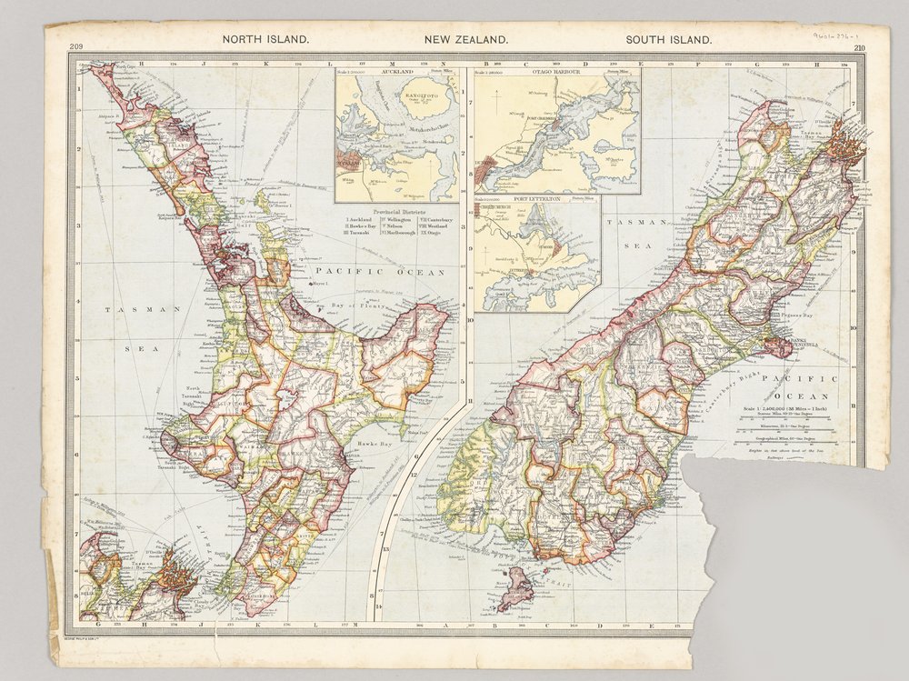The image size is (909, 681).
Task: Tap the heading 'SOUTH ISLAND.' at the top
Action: pos(668,40)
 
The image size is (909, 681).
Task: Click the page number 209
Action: pos(75,48)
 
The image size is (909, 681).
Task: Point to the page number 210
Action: pos(859,48)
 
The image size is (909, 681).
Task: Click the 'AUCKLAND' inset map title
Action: pos(398,72)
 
